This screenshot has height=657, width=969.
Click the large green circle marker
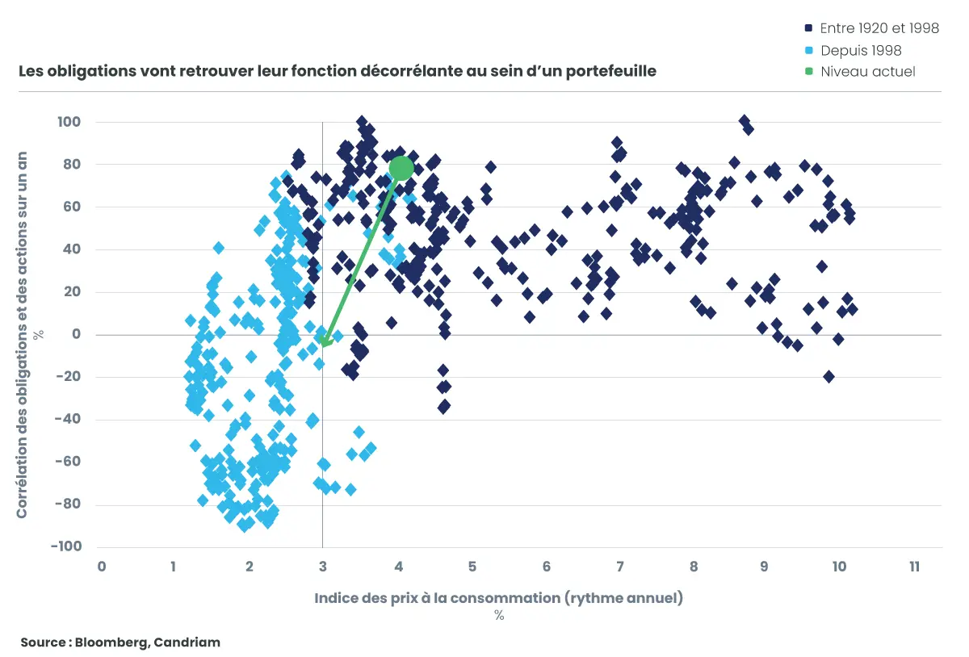pos(401,168)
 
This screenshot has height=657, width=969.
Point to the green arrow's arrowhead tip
pos(323,345)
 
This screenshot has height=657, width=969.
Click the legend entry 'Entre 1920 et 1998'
pos(879,28)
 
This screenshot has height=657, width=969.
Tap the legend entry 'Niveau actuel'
pos(867,71)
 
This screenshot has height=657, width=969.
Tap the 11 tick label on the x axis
pos(914,567)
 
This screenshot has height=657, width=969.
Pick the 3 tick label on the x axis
pos(323,567)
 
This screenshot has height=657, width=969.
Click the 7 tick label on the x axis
pos(619,567)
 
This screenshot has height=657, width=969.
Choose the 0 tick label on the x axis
pos(102,567)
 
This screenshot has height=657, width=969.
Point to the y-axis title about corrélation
pos(23,334)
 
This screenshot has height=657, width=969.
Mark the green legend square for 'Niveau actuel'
pos(809,71)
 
